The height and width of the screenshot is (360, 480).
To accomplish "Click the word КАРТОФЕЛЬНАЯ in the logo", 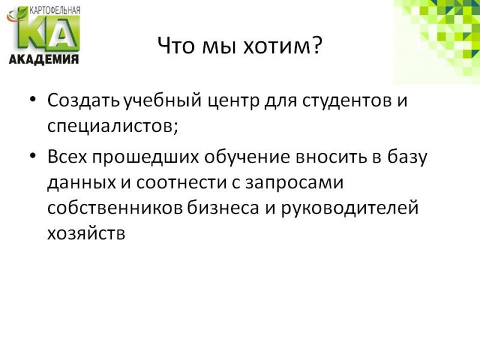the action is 55,10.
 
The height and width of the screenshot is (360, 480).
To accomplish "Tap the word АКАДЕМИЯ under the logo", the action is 44,59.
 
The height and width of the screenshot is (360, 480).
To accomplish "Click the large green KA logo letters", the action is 49,33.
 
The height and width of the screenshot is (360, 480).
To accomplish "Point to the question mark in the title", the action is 317,44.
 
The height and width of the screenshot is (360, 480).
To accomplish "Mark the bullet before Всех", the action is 33,155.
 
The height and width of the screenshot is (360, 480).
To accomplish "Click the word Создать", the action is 83,100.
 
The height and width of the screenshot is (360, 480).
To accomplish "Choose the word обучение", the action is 247,157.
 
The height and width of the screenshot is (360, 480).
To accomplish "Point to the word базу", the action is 407,157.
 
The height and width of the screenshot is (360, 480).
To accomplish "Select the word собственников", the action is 115,208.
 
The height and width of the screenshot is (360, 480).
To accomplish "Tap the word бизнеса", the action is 223,208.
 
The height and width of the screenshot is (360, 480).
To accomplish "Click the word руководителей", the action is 349,209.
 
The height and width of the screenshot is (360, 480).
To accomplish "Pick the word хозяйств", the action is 86,234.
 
